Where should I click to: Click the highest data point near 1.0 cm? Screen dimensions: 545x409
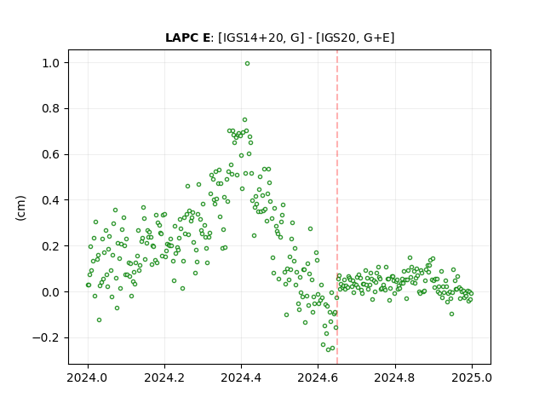click(247, 64)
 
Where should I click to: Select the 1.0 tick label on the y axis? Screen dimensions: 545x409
click(51, 63)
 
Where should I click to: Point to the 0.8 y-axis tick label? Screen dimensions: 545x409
click(51, 109)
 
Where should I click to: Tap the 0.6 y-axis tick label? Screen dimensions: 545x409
click(51, 154)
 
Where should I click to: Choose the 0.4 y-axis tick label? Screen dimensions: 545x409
click(51, 200)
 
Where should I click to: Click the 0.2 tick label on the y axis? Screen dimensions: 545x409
click(51, 246)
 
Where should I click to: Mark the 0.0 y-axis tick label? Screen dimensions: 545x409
click(51, 292)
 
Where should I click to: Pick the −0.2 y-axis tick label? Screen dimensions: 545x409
click(47, 338)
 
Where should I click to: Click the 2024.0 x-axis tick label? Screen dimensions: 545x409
click(88, 377)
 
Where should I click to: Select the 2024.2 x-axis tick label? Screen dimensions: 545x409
click(164, 377)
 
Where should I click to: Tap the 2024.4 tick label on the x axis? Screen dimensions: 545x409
click(241, 377)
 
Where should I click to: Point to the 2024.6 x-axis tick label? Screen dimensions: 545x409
click(318, 377)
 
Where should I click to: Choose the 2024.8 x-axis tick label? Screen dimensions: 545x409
click(394, 377)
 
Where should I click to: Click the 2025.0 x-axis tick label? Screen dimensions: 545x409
click(472, 377)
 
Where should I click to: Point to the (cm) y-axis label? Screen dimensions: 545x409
click(20, 208)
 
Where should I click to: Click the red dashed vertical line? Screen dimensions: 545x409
click(337, 207)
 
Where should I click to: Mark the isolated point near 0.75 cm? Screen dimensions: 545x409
click(244, 119)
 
